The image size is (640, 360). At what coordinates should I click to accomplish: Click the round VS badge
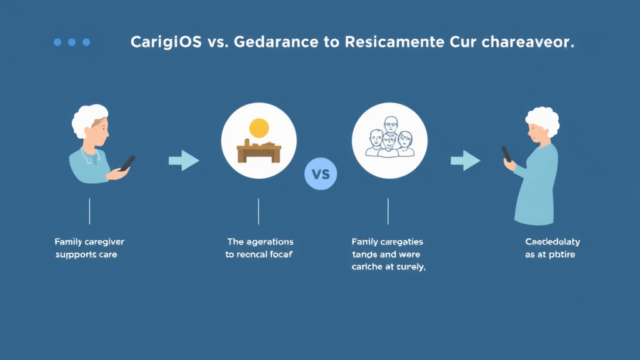[x=320, y=173]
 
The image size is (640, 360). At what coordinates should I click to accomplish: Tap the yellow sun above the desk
[x=259, y=129]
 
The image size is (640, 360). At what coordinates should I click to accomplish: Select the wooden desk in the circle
[x=259, y=152]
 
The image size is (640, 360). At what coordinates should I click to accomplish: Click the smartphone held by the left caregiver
[x=127, y=163]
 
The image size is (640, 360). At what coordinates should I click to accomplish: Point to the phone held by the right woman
[x=506, y=154]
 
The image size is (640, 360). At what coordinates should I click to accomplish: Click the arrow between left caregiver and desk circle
[x=184, y=161]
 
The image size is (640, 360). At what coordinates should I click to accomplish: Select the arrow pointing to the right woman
[x=466, y=161]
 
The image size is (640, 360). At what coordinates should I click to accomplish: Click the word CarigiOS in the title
[x=166, y=42]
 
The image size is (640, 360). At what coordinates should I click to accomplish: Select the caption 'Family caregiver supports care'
[x=89, y=248]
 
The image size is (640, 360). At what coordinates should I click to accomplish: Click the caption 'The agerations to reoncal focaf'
[x=259, y=248]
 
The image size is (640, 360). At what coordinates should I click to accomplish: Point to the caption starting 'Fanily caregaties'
[x=388, y=254]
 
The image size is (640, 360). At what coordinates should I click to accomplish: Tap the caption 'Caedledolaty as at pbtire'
[x=552, y=248]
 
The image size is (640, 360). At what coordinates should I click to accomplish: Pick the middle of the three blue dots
[x=72, y=42]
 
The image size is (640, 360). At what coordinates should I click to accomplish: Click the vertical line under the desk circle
[x=259, y=211]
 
